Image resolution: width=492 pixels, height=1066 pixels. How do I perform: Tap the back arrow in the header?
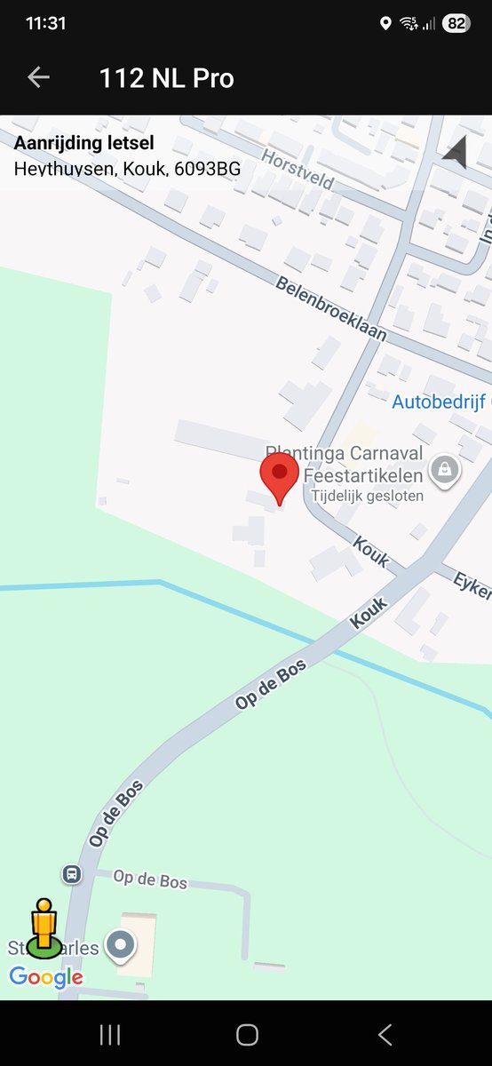tap(38, 77)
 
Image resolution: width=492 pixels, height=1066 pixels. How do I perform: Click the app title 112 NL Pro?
tap(166, 78)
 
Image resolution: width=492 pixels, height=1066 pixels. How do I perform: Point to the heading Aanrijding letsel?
tap(83, 143)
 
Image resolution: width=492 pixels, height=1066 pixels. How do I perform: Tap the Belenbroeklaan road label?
tap(331, 308)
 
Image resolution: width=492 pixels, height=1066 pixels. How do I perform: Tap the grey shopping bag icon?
tap(445, 469)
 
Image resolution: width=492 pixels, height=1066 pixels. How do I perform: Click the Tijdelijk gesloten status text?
tap(363, 496)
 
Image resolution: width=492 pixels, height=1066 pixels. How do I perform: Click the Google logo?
tap(46, 978)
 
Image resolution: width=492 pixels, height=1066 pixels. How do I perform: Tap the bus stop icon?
tap(71, 874)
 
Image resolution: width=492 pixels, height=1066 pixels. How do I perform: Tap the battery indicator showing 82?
tap(456, 24)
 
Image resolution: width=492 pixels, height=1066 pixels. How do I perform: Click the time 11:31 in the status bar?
tap(46, 24)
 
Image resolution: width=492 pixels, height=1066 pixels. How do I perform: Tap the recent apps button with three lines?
tap(110, 1034)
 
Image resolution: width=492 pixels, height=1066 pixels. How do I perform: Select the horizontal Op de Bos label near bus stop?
tap(150, 879)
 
